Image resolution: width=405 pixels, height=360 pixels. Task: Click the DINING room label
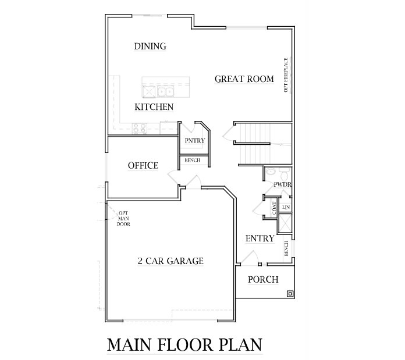click(150, 46)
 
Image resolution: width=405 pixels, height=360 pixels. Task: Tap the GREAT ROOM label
click(244, 79)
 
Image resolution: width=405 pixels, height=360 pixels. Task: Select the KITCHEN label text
click(154, 107)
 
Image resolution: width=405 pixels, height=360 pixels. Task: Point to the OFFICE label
click(143, 165)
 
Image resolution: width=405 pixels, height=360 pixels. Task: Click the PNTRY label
click(195, 141)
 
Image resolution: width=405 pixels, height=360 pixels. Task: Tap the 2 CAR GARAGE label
click(170, 261)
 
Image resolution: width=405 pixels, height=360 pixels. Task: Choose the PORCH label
click(263, 279)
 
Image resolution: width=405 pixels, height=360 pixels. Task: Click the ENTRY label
click(260, 238)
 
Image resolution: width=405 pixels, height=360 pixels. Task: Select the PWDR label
click(283, 184)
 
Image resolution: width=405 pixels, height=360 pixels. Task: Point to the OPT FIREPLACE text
click(286, 75)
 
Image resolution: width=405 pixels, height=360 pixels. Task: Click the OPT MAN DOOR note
click(123, 219)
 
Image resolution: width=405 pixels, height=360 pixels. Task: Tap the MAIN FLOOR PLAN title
click(184, 345)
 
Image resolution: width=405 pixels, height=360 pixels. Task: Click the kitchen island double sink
click(165, 92)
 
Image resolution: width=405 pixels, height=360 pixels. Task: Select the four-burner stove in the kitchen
click(140, 129)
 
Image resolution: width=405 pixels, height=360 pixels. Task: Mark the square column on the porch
click(290, 294)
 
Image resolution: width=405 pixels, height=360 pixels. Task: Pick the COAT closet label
click(274, 208)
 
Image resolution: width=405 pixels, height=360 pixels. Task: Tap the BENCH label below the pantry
click(193, 161)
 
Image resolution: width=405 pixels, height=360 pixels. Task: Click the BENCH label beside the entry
click(286, 248)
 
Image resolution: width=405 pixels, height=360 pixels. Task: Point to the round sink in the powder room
click(270, 172)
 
